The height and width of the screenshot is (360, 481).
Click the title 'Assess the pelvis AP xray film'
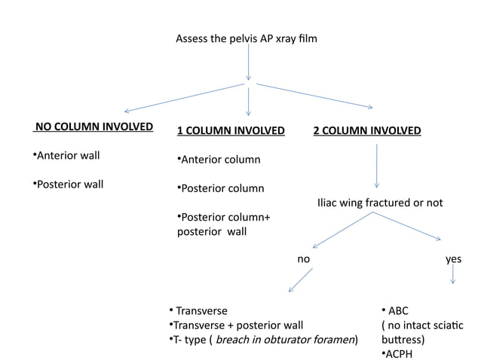[x=247, y=38]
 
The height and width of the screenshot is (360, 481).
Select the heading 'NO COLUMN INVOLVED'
[x=93, y=126]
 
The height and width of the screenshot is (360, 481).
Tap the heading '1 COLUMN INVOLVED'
[x=230, y=130]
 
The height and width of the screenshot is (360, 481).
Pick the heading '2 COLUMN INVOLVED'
[x=367, y=130]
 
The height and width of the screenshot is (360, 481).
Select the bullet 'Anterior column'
[x=218, y=160]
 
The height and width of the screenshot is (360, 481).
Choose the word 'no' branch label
[x=304, y=258]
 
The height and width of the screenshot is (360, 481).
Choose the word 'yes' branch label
[x=453, y=258]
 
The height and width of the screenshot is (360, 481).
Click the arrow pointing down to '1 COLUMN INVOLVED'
[x=248, y=101]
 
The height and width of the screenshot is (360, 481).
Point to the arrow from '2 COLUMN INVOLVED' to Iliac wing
[x=376, y=166]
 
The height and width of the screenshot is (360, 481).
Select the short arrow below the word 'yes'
[x=453, y=274]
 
